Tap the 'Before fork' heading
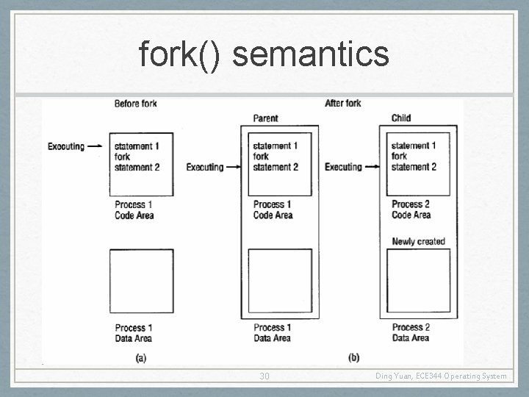pyautogui.click(x=135, y=104)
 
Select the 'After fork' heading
pyautogui.click(x=342, y=103)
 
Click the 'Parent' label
pyautogui.click(x=265, y=118)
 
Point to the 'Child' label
pyautogui.click(x=401, y=118)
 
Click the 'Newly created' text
pyautogui.click(x=418, y=241)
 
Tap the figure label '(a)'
pyautogui.click(x=141, y=357)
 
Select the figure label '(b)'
pyautogui.click(x=353, y=357)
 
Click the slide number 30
pyautogui.click(x=264, y=376)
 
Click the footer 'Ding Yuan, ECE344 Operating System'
pyautogui.click(x=441, y=376)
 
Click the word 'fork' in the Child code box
pyautogui.click(x=400, y=156)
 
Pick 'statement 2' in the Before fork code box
pyautogui.click(x=137, y=168)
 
